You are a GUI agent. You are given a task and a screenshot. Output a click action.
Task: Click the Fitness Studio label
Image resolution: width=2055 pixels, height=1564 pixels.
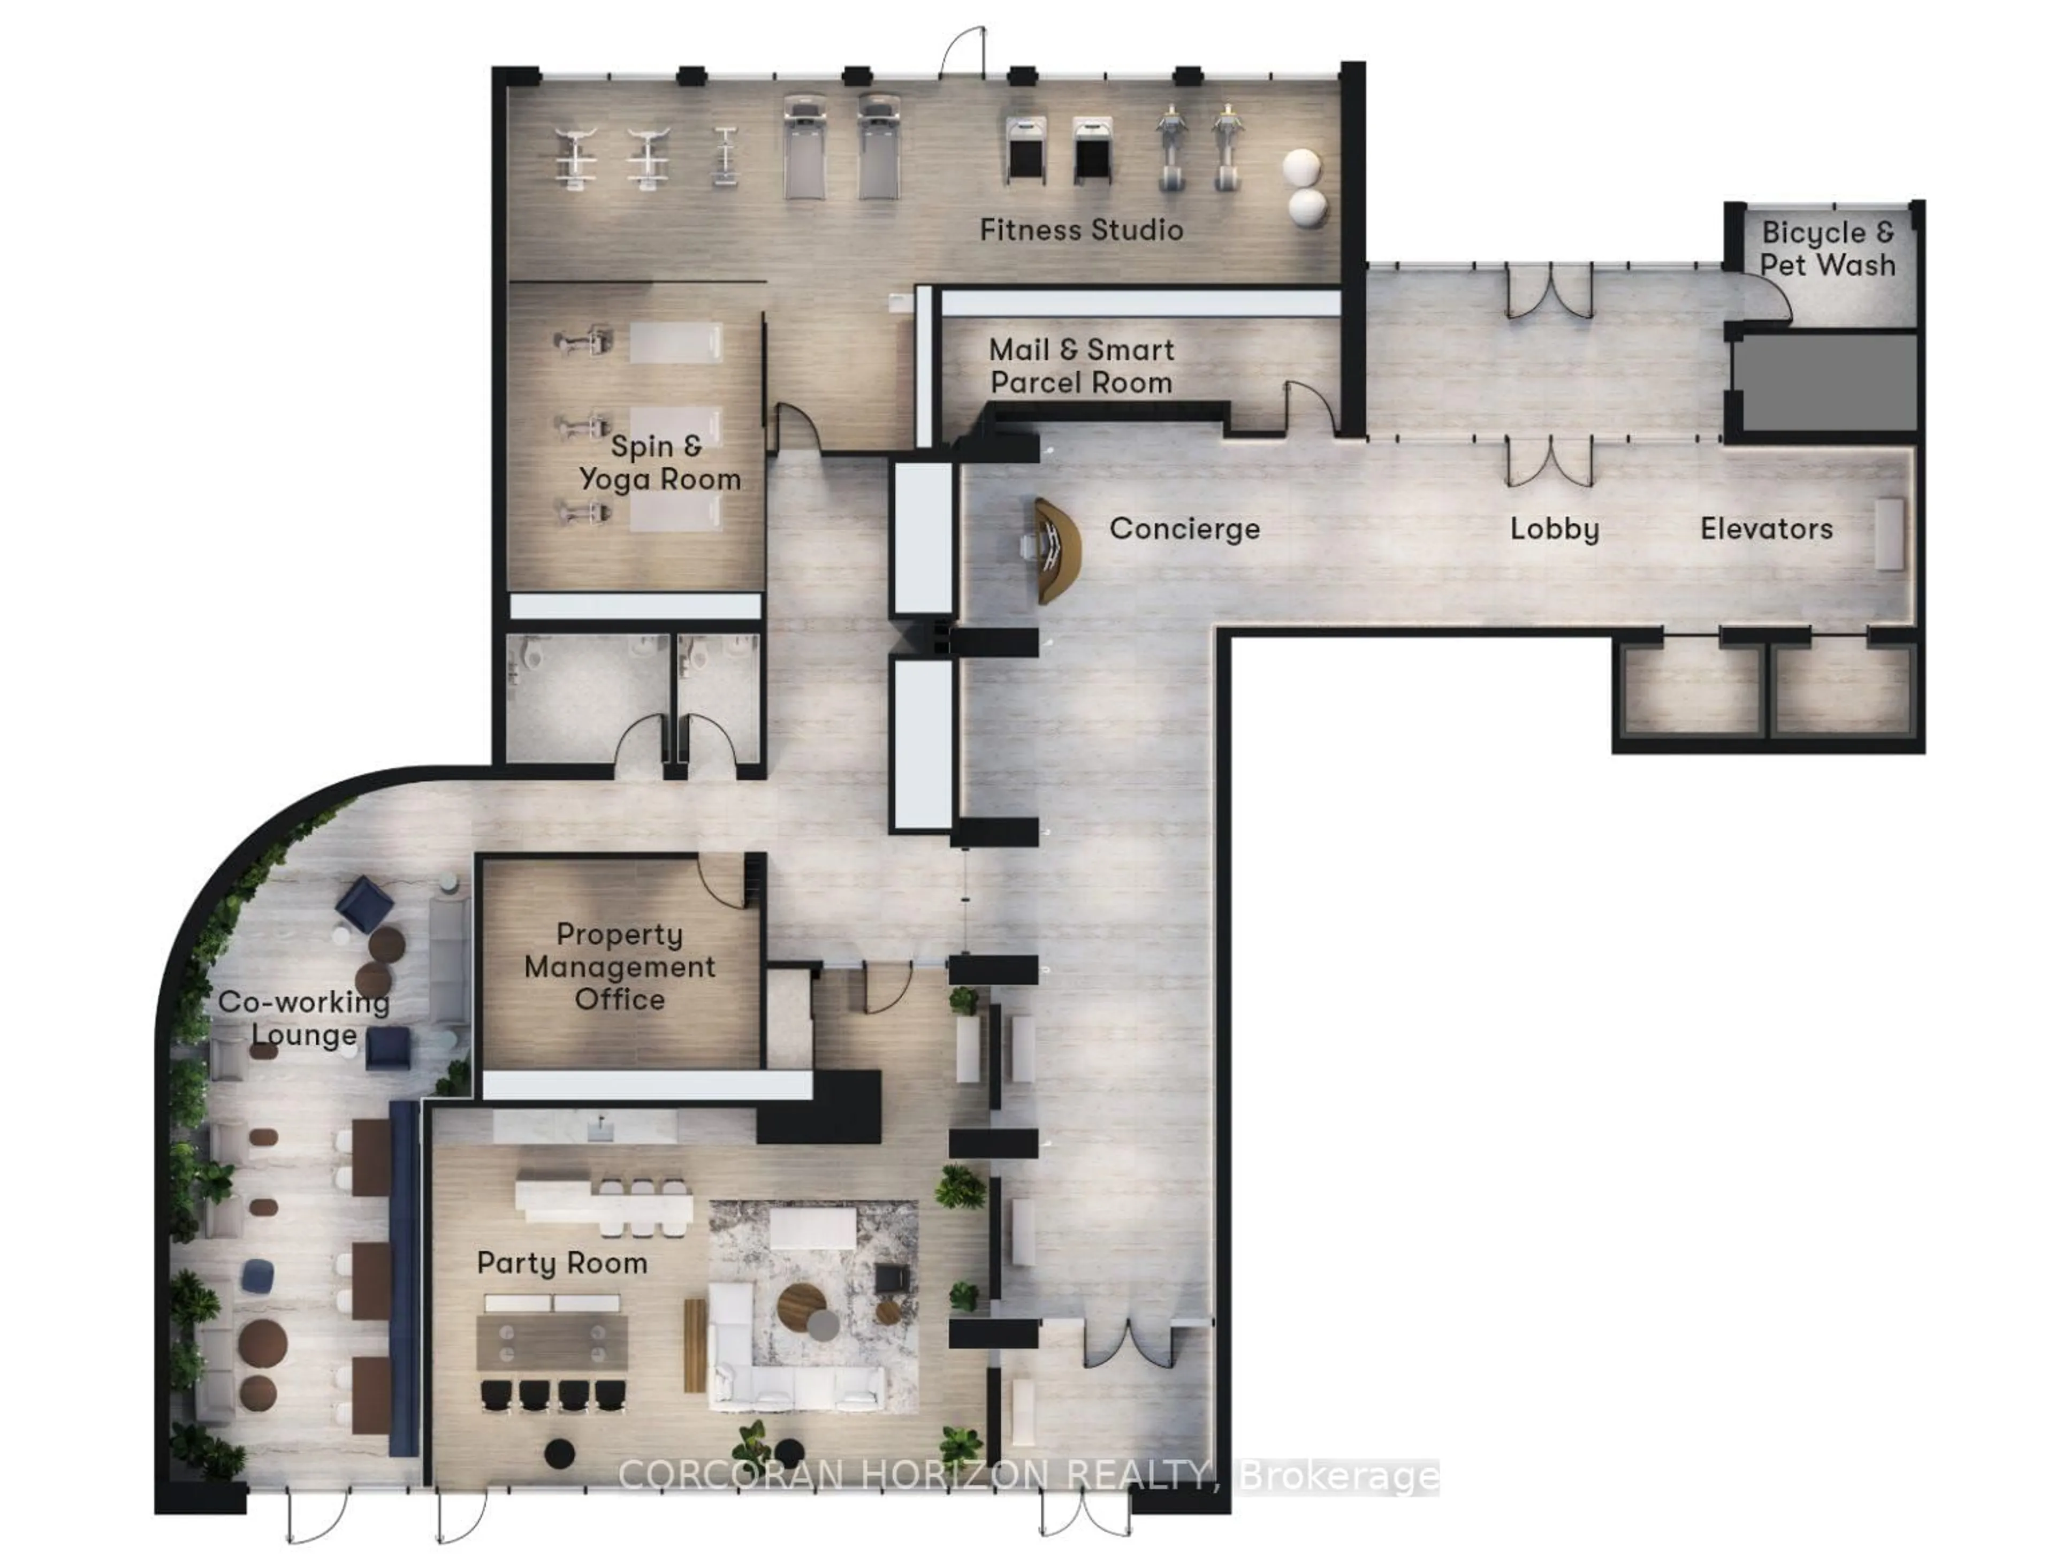pyautogui.click(x=1081, y=230)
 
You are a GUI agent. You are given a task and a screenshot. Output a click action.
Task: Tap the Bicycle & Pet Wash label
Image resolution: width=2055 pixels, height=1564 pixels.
pyautogui.click(x=1827, y=249)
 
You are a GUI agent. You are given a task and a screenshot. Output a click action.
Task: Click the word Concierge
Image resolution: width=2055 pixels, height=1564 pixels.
pyautogui.click(x=1184, y=529)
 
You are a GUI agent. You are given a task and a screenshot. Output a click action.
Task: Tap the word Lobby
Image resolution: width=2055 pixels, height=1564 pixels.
pyautogui.click(x=1554, y=529)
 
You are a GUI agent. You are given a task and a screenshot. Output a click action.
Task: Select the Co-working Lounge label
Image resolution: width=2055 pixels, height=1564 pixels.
pyautogui.click(x=303, y=1018)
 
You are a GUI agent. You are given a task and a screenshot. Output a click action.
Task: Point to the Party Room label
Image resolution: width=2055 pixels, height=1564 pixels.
pyautogui.click(x=561, y=1263)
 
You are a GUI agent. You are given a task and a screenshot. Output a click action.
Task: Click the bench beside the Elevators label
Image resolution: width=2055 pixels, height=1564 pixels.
pyautogui.click(x=1889, y=533)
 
